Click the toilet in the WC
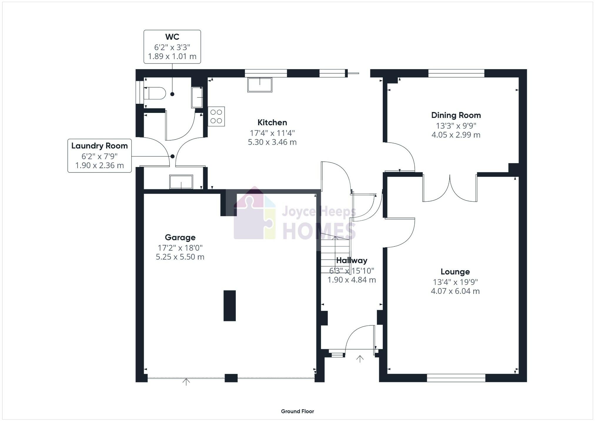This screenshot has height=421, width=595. tap(155, 93)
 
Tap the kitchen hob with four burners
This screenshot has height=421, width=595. tap(216, 116)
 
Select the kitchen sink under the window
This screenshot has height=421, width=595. tap(260, 85)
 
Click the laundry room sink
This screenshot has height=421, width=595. tap(181, 182)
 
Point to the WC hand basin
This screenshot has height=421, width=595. tap(197, 97)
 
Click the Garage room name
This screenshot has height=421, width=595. tap(180, 237)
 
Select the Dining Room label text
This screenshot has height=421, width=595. tap(456, 115)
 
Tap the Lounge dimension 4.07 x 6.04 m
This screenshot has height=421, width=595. tap(455, 291)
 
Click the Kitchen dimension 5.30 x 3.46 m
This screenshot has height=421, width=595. tap(272, 142)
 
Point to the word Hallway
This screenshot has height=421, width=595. tap(352, 260)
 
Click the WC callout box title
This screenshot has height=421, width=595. tap(172, 37)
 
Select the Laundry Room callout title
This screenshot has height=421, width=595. tap(99, 146)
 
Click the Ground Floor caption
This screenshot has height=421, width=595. tap(297, 411)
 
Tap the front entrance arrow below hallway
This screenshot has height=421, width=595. tap(360, 359)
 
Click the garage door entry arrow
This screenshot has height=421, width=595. tap(186, 382)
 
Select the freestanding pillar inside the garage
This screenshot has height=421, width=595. tap(230, 305)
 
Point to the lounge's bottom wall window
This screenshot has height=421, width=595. tap(456, 378)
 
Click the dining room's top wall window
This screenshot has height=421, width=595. tap(456, 73)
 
